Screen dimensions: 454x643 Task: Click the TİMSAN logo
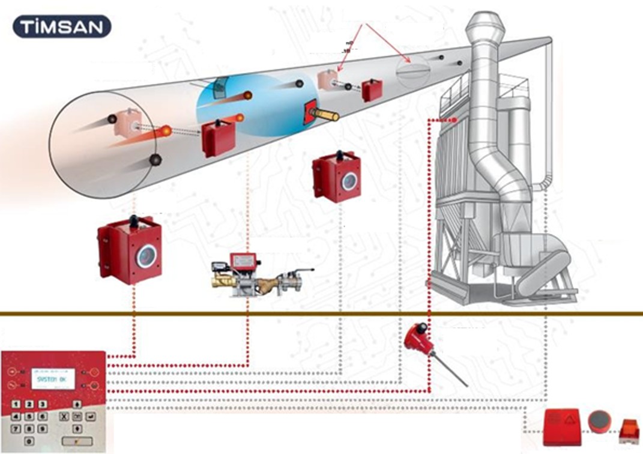point(61,27)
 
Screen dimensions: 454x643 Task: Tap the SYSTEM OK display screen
point(53,379)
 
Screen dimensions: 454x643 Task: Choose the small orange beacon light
point(629,429)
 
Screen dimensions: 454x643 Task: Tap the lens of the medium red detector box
point(349,181)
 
